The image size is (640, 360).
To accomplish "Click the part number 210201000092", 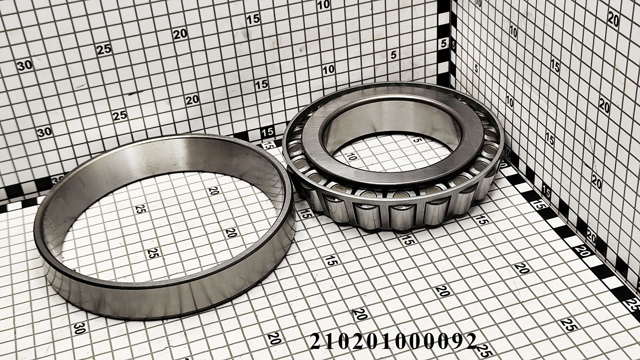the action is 393,341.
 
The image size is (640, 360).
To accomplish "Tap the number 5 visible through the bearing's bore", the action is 417,140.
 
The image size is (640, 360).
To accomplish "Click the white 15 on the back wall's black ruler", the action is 268,132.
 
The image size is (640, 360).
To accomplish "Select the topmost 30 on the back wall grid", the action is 24,66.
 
